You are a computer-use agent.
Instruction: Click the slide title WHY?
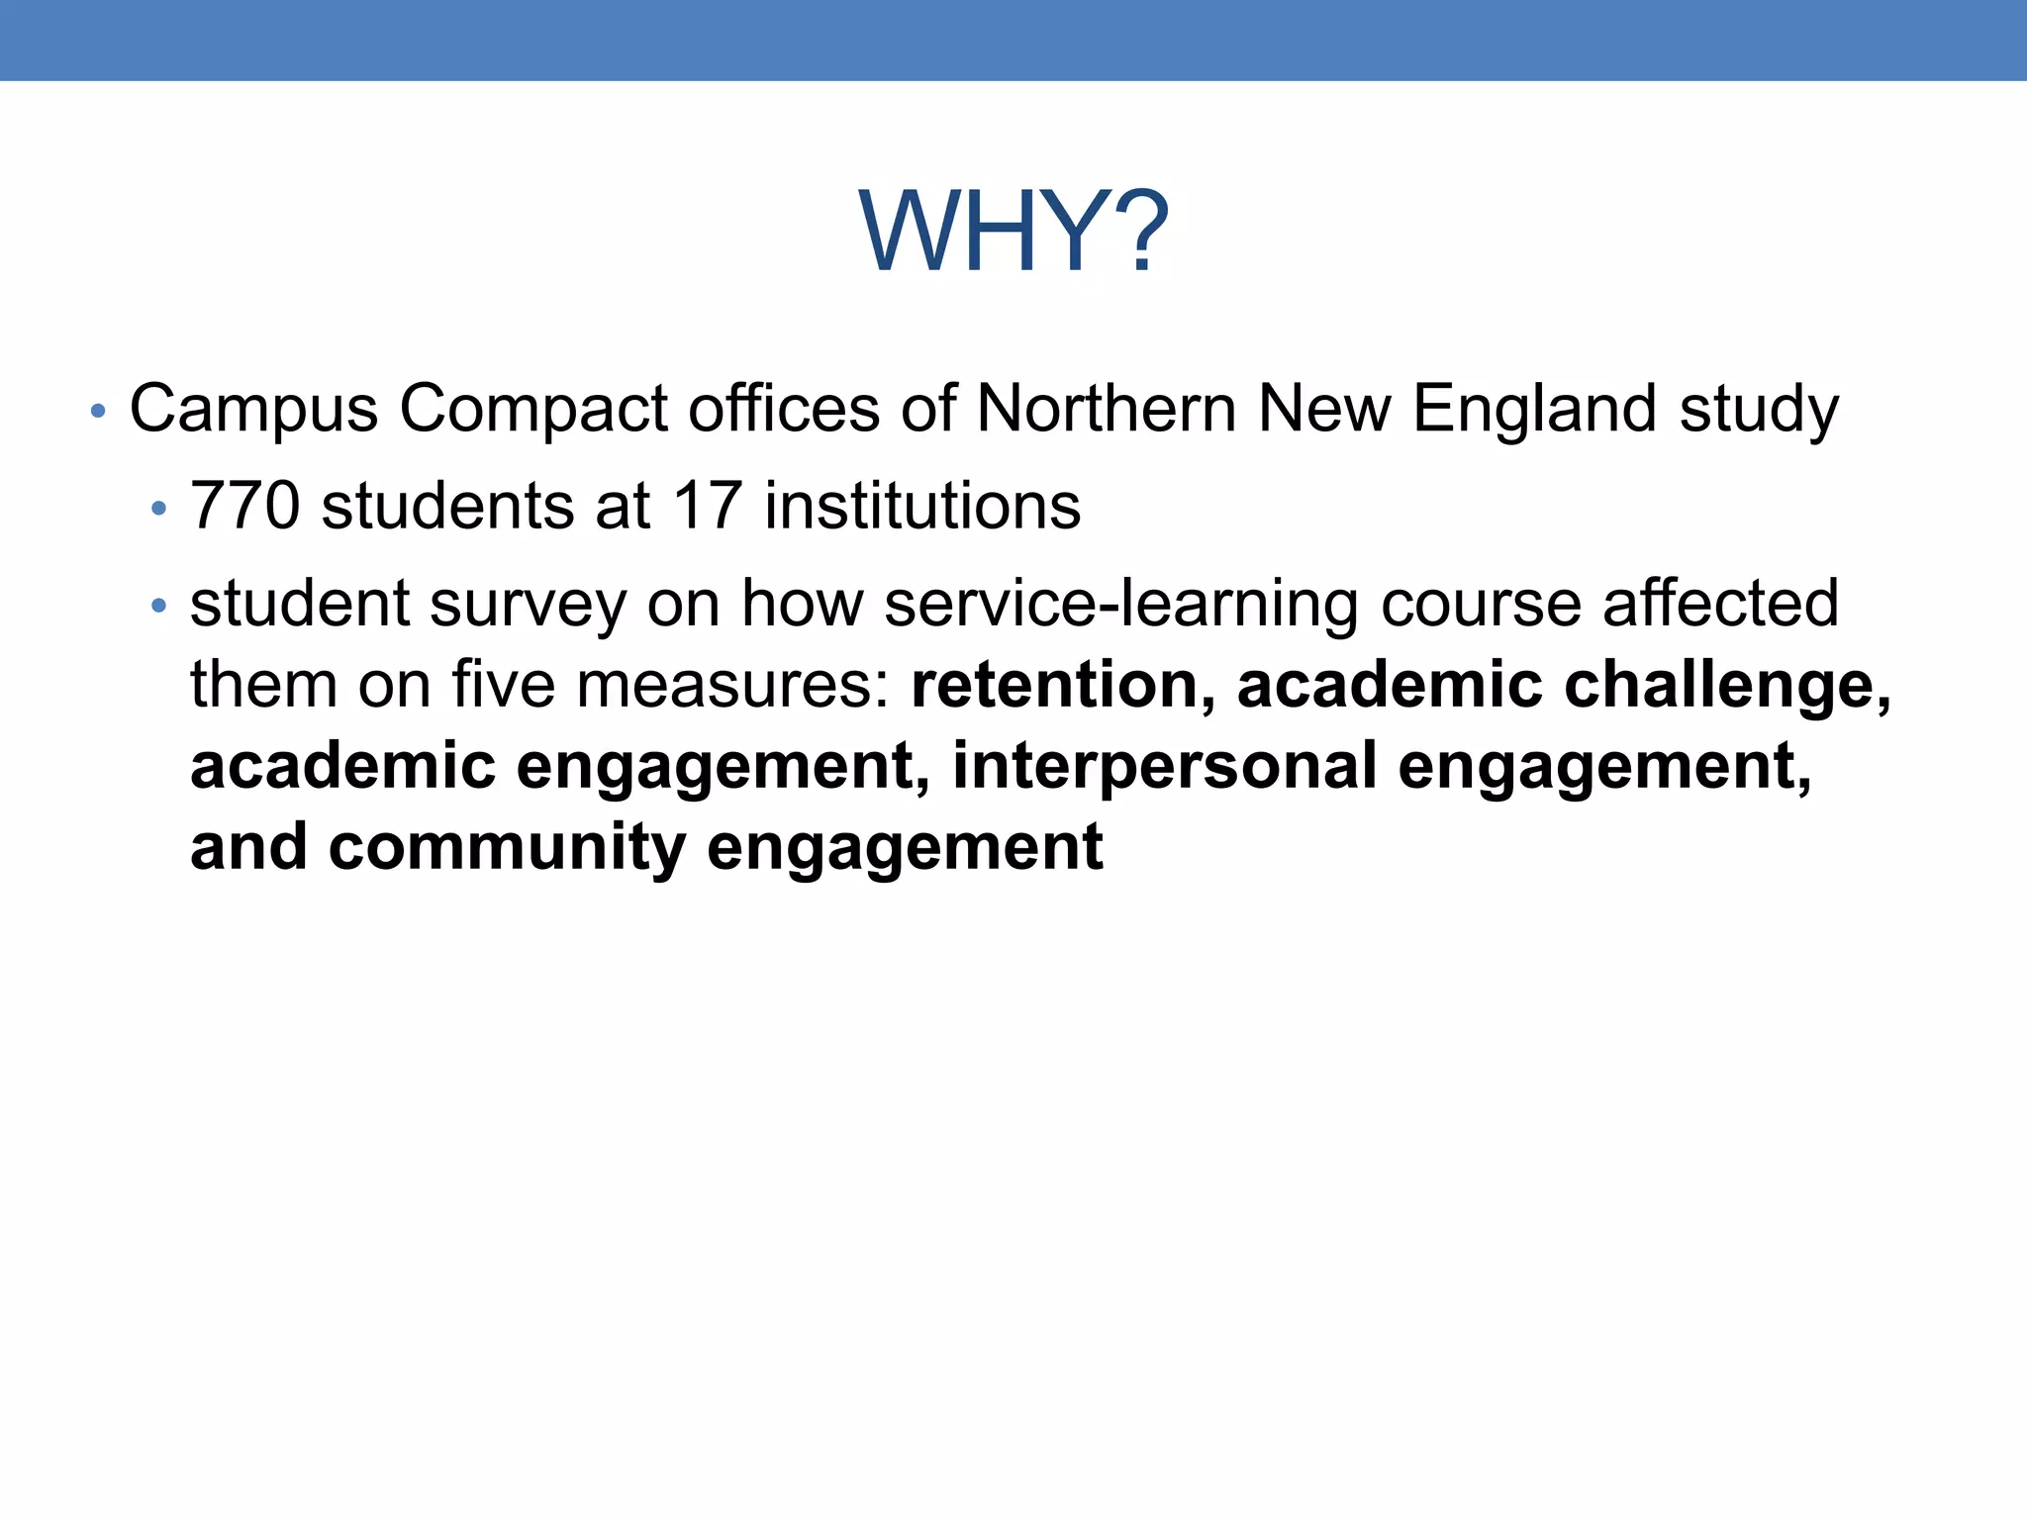click(1013, 234)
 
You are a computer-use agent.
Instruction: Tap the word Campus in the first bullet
click(253, 410)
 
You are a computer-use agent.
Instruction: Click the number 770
click(244, 506)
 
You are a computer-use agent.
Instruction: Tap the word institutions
click(922, 506)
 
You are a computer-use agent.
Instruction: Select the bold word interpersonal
click(1164, 766)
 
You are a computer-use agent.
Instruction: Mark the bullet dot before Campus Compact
click(97, 412)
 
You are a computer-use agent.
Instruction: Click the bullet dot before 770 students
click(158, 509)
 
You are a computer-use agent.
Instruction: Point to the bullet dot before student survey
click(158, 606)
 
